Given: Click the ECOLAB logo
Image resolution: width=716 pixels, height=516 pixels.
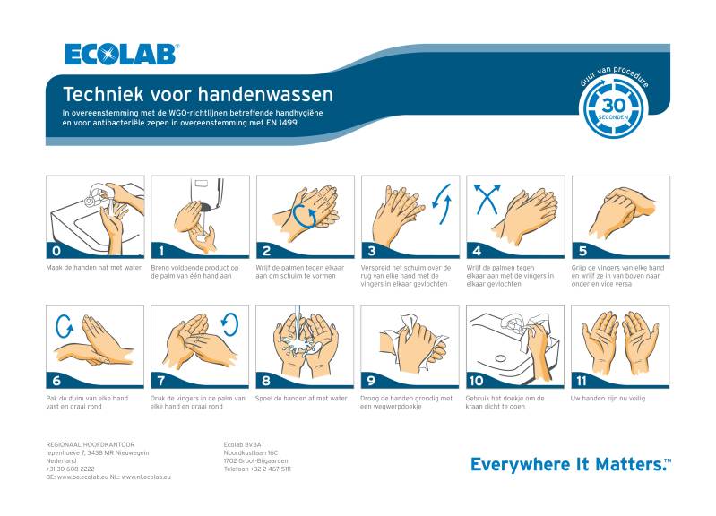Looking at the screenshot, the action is pos(122,55).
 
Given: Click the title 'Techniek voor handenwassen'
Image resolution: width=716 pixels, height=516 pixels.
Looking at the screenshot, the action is pos(198,94).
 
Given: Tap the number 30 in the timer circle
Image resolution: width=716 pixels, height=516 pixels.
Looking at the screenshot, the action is pos(613,106).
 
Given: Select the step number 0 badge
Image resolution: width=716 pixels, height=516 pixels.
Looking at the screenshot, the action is pos(56,251).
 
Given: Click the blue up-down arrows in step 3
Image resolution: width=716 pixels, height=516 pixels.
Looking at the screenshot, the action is pos(442,203).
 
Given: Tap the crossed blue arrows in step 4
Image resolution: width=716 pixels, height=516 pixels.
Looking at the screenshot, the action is pos(487,199).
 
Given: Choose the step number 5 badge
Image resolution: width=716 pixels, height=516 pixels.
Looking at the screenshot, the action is pos(582,251).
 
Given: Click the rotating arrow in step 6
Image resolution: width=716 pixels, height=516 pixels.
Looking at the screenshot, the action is pos(64,326).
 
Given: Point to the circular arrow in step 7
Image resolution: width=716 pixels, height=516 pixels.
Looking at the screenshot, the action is pos(229,324).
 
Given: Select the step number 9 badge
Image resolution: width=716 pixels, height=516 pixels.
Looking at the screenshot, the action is pos(371,381).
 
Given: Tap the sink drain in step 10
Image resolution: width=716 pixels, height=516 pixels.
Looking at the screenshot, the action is pos(500,358).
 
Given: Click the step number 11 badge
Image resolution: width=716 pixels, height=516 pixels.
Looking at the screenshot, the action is pos(582,381).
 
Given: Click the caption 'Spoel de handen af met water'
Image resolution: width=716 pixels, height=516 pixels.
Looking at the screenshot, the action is pos(301,398).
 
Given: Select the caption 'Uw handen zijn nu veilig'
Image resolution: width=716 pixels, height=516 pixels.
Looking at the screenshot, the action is pos(608,398).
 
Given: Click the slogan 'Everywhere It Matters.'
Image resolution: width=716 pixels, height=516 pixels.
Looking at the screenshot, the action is pos(571,464).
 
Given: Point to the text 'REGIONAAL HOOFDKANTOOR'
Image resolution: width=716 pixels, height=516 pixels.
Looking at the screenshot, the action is pos(91,444).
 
